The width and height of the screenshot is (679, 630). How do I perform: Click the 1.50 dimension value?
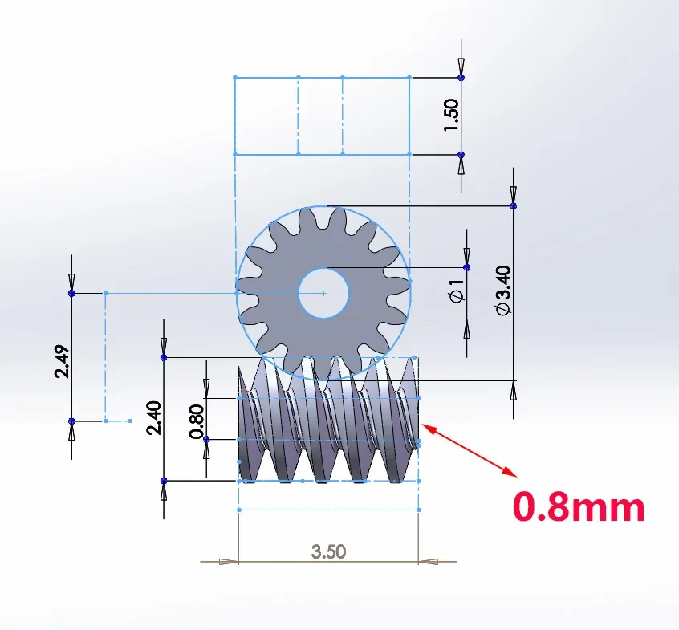pyautogui.click(x=451, y=116)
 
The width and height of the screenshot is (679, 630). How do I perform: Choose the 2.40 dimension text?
pyautogui.click(x=153, y=418)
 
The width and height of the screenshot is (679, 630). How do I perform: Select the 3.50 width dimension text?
pyautogui.click(x=328, y=551)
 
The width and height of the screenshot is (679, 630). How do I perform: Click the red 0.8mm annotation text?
pyautogui.click(x=578, y=507)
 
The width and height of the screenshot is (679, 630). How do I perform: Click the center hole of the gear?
pyautogui.click(x=323, y=294)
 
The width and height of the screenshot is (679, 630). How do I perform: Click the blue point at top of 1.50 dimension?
pyautogui.click(x=461, y=78)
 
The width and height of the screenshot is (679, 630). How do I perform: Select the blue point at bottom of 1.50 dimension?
pyautogui.click(x=461, y=154)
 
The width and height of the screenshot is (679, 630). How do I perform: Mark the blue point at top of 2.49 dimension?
pyautogui.click(x=72, y=294)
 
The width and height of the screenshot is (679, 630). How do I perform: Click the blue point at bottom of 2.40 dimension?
pyautogui.click(x=164, y=481)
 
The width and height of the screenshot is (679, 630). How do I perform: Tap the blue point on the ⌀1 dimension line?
pyautogui.click(x=467, y=267)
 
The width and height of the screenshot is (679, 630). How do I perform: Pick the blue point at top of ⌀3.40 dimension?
pyautogui.click(x=514, y=206)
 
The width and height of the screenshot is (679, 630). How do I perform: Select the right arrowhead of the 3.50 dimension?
pyautogui.click(x=428, y=561)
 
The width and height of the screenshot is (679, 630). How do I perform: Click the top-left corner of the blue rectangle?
pyautogui.click(x=234, y=78)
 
